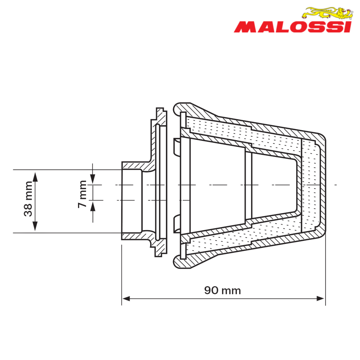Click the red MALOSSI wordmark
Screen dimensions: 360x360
tap(293, 27)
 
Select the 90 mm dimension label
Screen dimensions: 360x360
tap(223, 290)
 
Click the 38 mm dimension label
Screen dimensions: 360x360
tap(28, 199)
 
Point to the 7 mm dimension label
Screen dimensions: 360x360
tap(82, 194)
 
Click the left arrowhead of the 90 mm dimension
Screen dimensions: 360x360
tap(126, 298)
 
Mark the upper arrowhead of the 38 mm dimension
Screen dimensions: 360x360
tap(35, 177)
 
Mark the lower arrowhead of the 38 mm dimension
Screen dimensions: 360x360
tap(35, 226)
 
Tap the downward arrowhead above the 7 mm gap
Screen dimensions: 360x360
tap(93, 179)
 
